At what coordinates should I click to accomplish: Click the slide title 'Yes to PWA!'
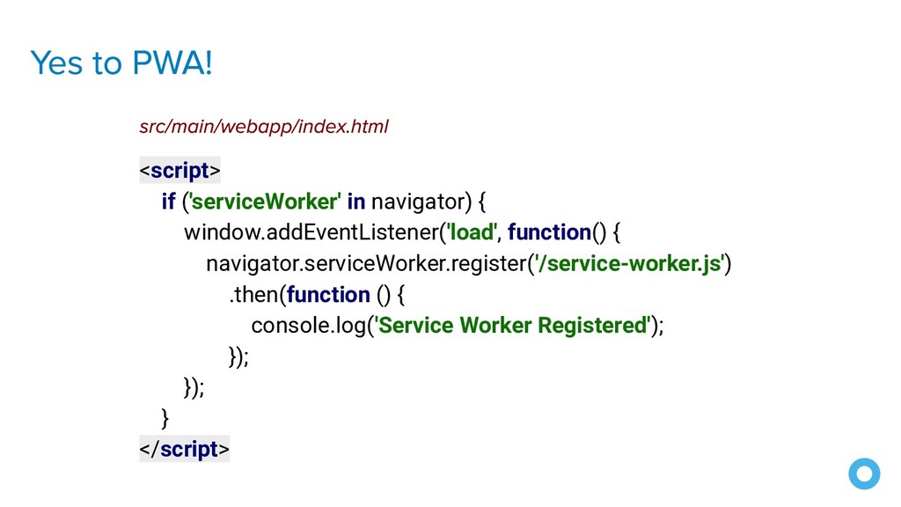121,63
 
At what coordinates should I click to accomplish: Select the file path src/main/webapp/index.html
263,127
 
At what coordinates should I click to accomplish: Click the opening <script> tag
179,169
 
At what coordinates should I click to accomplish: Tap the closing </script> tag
184,449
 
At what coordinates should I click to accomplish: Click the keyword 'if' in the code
168,202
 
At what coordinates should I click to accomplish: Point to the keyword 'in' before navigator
356,202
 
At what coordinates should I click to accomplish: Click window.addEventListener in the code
311,232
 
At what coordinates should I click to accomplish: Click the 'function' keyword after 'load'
549,232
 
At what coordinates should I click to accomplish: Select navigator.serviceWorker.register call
367,263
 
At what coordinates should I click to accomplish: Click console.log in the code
308,325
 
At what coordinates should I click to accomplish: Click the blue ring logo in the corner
864,474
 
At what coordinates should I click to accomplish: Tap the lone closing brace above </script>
165,416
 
